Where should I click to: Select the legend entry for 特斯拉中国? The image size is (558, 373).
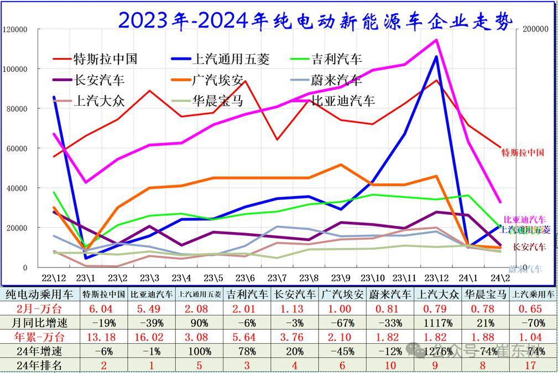105,59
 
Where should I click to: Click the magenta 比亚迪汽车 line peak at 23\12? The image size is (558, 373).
436,40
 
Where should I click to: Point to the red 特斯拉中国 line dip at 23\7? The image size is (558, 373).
277,139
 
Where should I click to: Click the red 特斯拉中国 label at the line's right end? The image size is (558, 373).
523,152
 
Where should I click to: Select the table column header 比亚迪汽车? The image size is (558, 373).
149,294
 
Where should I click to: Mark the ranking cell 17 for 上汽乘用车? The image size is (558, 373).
532,365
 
